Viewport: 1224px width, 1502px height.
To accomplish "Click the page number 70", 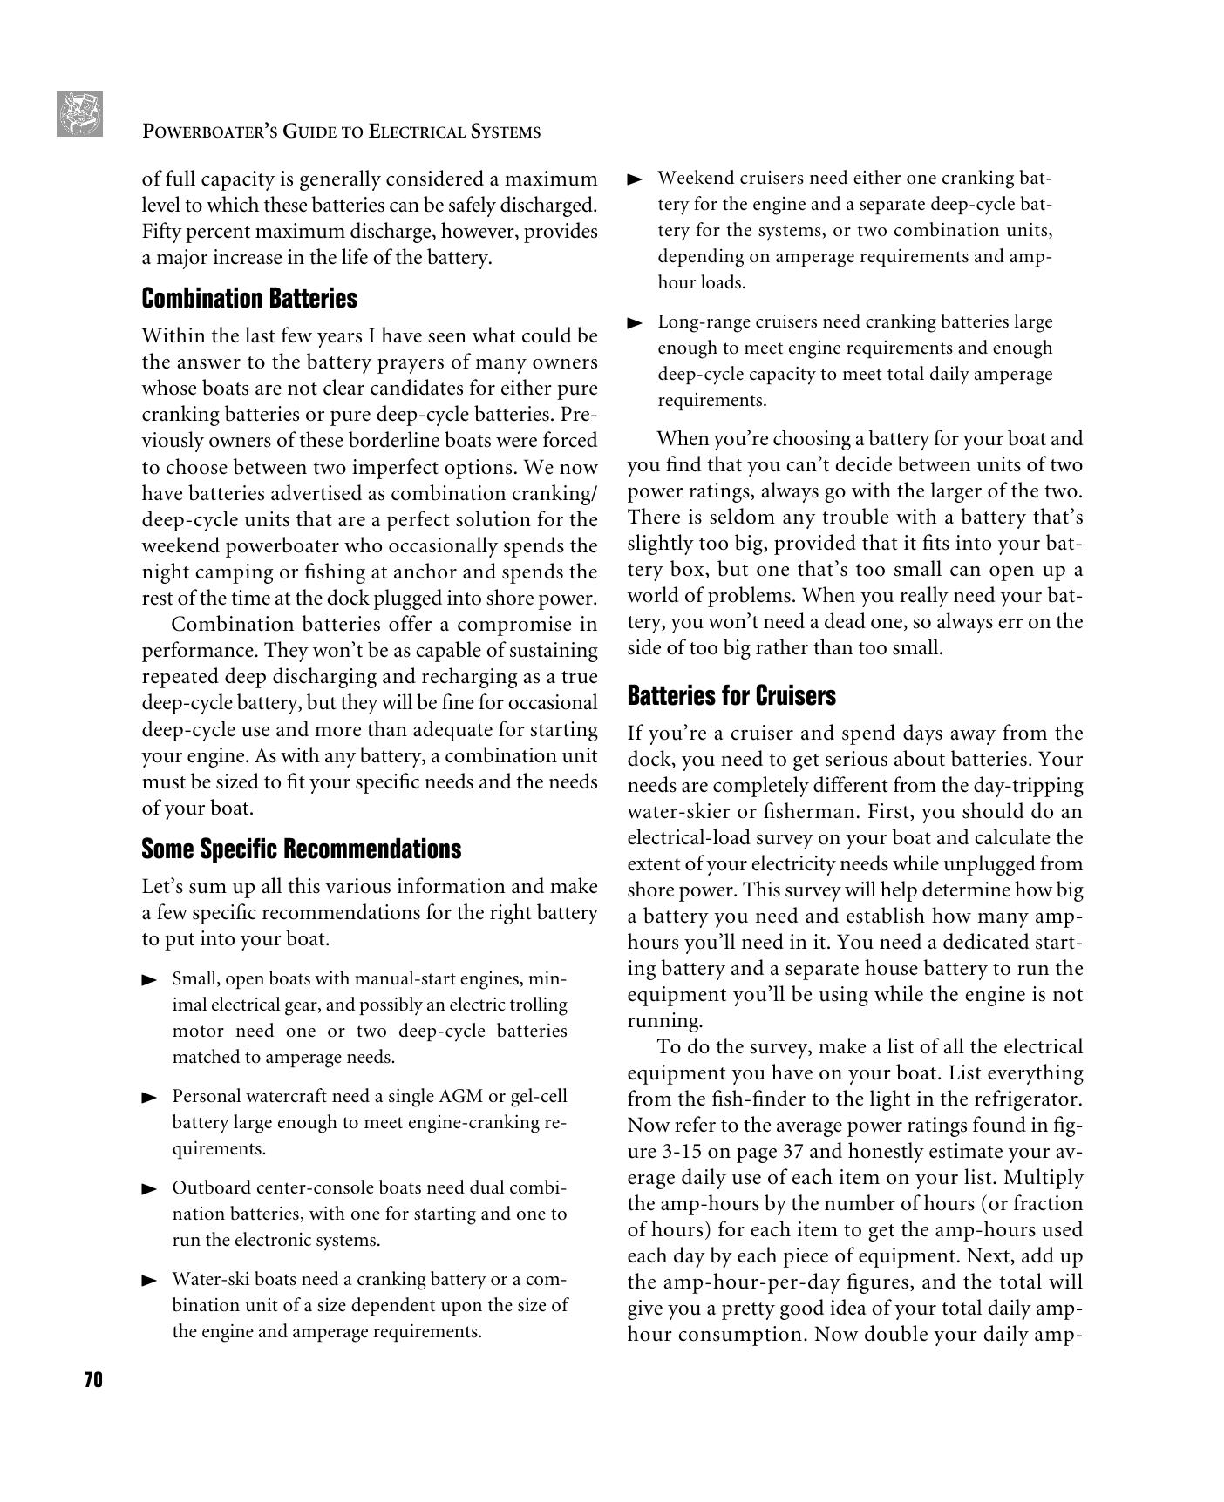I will pos(93,1379).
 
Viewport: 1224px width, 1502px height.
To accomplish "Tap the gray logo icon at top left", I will pos(79,114).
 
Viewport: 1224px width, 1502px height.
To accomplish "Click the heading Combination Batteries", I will pos(249,299).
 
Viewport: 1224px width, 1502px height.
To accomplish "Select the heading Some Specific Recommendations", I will pos(301,849).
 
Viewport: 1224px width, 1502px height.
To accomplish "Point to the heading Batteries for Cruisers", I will pos(731,695).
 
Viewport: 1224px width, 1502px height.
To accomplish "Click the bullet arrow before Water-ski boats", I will pos(149,1281).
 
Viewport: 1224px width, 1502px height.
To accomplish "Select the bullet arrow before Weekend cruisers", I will pos(635,179).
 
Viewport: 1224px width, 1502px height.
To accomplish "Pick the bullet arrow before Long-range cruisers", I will pos(635,323).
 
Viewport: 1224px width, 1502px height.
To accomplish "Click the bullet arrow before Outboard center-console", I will pos(149,1189).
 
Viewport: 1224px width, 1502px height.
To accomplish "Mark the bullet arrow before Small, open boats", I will pos(149,980).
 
